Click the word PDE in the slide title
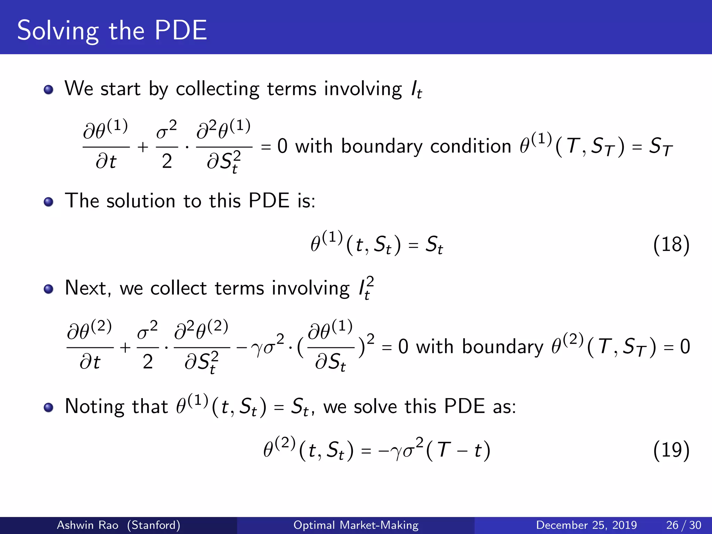pos(180,31)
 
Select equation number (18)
pos(671,244)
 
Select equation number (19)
pos(671,450)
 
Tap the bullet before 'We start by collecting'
pos(48,90)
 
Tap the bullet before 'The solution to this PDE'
pos(48,202)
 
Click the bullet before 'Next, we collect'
pos(48,289)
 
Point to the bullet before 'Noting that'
pos(48,407)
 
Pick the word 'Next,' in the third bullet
pos(88,288)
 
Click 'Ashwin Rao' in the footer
pos(87,525)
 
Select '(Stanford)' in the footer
pos(154,525)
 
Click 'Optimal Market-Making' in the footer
pos(356,525)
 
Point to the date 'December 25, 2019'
pos(586,525)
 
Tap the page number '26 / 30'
pos(683,525)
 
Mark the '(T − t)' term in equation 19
pos(458,450)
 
